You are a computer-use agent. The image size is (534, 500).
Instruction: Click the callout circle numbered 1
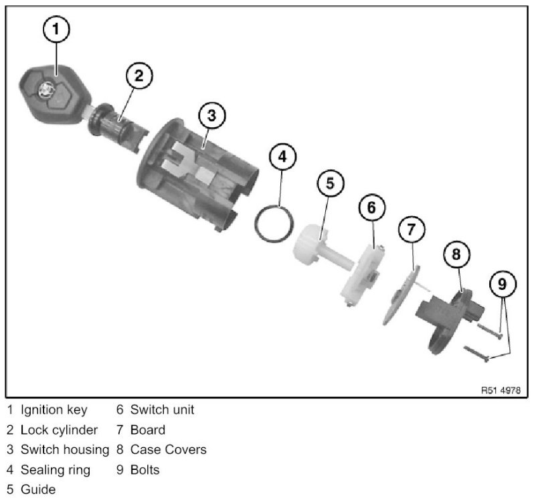[57, 29]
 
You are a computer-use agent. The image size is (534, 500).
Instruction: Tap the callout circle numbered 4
[282, 157]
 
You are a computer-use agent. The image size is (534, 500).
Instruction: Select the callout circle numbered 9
[503, 284]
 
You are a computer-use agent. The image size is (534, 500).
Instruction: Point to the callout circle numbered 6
[371, 207]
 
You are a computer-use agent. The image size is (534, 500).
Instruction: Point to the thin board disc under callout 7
[401, 293]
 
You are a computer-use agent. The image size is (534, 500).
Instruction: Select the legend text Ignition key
[53, 410]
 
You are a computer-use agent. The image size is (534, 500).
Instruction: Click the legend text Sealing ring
[55, 470]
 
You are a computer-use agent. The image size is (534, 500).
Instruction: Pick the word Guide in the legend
[38, 490]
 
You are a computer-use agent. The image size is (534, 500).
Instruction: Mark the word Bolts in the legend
[145, 470]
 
